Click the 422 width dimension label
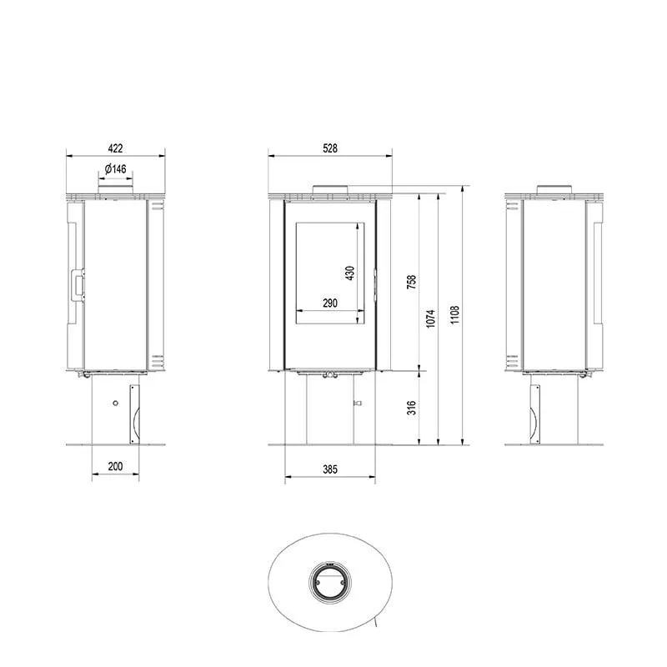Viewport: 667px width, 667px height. click(x=115, y=148)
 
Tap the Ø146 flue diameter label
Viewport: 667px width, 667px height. click(x=115, y=169)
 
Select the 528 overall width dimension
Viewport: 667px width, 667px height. click(x=330, y=148)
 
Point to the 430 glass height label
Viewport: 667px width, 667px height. click(x=349, y=273)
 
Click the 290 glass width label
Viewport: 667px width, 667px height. click(x=330, y=303)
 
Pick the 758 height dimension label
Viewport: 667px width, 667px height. click(x=411, y=282)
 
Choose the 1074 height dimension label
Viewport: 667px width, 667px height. click(x=430, y=318)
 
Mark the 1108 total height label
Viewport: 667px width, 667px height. click(x=454, y=315)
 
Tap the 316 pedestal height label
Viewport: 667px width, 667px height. click(x=411, y=408)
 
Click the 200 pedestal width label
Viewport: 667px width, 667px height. click(x=115, y=466)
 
